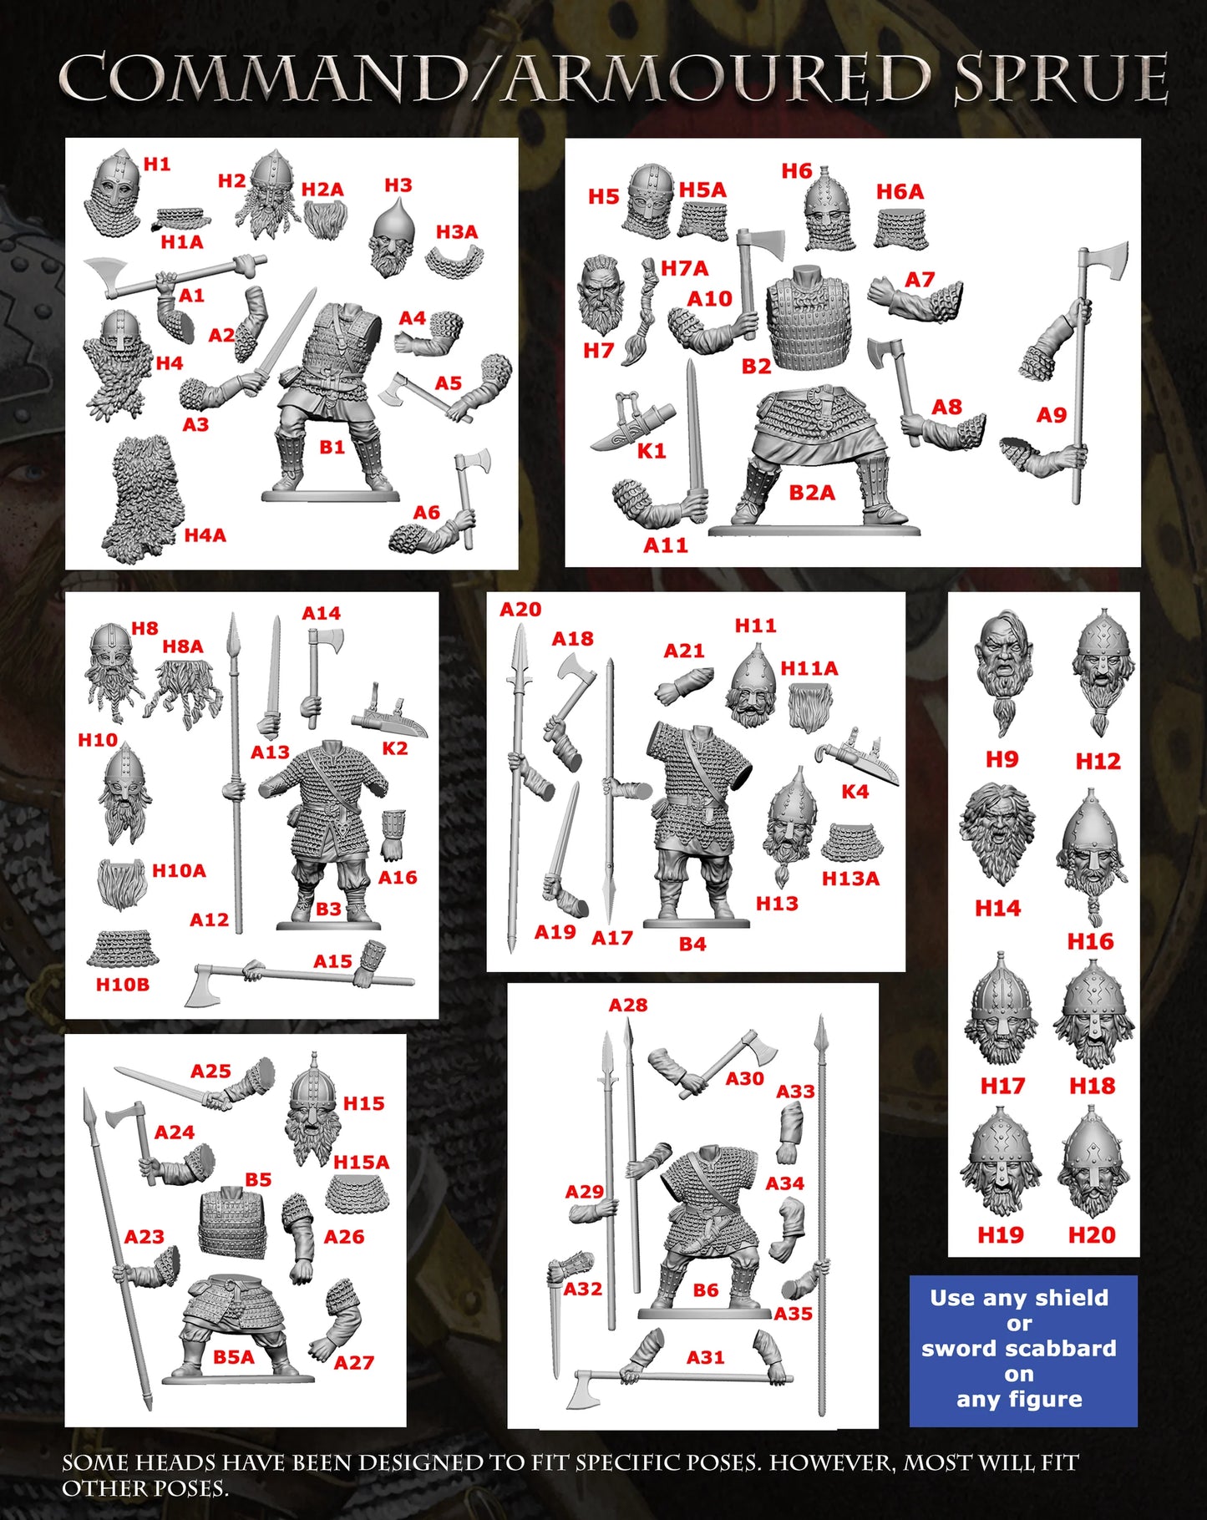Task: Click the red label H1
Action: [156, 165]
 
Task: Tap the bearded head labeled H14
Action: [997, 833]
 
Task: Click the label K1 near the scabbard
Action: [652, 452]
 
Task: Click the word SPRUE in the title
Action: [1061, 79]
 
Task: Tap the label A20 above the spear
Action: [520, 610]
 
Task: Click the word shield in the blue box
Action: [1071, 1298]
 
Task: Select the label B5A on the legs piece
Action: [233, 1357]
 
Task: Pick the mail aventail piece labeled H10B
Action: [122, 948]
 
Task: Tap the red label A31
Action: [705, 1357]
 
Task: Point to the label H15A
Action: [361, 1162]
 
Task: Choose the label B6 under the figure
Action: [705, 1290]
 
